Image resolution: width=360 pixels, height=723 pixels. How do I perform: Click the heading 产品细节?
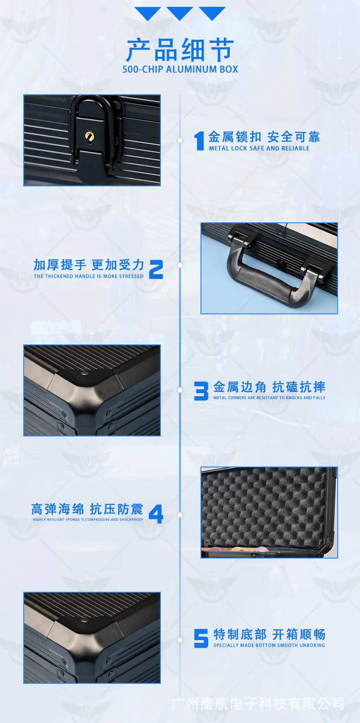(x=180, y=50)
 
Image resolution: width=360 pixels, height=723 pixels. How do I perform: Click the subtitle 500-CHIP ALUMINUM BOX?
(x=180, y=69)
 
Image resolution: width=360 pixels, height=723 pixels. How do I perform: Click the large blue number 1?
(x=199, y=141)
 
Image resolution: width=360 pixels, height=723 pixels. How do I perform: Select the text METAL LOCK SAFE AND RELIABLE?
(x=259, y=148)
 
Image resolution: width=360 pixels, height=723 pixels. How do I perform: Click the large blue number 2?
(x=156, y=269)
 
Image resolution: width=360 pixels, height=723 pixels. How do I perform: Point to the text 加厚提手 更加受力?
(x=89, y=265)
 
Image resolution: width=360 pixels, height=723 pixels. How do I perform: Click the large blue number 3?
(x=201, y=390)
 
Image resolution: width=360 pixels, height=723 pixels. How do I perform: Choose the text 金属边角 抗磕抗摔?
(x=269, y=387)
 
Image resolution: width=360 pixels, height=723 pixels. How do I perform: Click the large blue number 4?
(x=156, y=514)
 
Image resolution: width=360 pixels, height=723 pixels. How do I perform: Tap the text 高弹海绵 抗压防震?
(x=87, y=509)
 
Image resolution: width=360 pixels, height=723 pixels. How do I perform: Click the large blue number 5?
(x=201, y=638)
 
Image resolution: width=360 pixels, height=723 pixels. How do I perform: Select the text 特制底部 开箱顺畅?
(x=269, y=634)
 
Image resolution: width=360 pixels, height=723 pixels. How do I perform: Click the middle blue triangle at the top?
(x=180, y=13)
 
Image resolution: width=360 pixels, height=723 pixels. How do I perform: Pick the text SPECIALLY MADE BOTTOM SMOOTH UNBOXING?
(x=269, y=645)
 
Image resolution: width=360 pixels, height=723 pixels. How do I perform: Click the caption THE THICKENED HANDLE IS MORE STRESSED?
(x=88, y=276)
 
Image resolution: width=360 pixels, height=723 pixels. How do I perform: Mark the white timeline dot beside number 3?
(x=180, y=390)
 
